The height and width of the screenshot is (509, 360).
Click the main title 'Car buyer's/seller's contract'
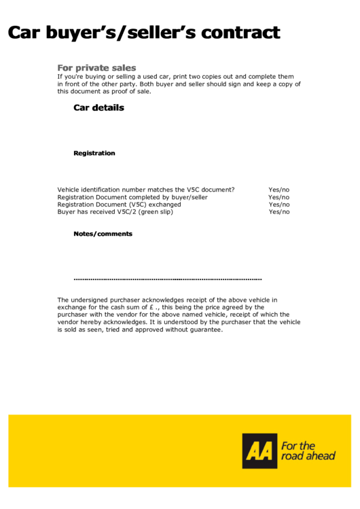tap(143, 32)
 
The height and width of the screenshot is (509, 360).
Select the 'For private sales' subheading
tap(96, 68)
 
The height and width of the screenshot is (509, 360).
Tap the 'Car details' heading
tap(98, 107)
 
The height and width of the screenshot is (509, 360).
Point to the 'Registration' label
tap(94, 153)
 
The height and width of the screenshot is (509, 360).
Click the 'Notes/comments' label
tap(103, 234)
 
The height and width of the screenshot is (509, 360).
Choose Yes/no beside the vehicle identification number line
tap(278, 190)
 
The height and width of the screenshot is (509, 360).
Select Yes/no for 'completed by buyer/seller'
tap(278, 197)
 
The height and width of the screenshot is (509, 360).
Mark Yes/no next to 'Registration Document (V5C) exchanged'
tap(278, 205)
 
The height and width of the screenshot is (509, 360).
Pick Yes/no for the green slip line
tap(278, 212)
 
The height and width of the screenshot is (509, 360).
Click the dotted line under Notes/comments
tap(167, 279)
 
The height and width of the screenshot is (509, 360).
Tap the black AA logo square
tap(260, 451)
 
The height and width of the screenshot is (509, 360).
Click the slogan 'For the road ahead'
tap(308, 451)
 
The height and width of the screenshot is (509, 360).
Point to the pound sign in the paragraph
tap(151, 307)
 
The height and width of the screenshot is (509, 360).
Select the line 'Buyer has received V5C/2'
tap(96, 212)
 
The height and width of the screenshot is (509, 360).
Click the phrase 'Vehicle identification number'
tap(103, 190)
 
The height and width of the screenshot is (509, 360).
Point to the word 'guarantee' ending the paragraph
tap(205, 330)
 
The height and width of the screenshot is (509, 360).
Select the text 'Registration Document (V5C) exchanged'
tap(119, 205)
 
